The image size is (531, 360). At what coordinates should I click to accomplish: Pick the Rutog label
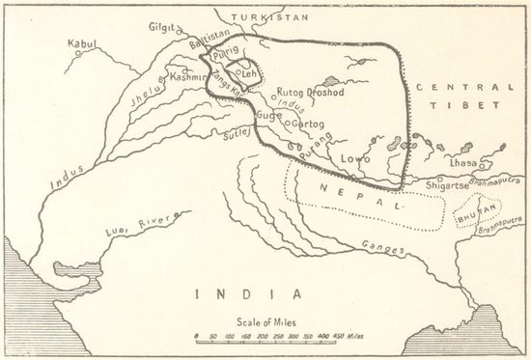291,93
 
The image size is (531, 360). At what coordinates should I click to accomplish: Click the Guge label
269,113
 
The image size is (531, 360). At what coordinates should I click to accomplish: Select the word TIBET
472,105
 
